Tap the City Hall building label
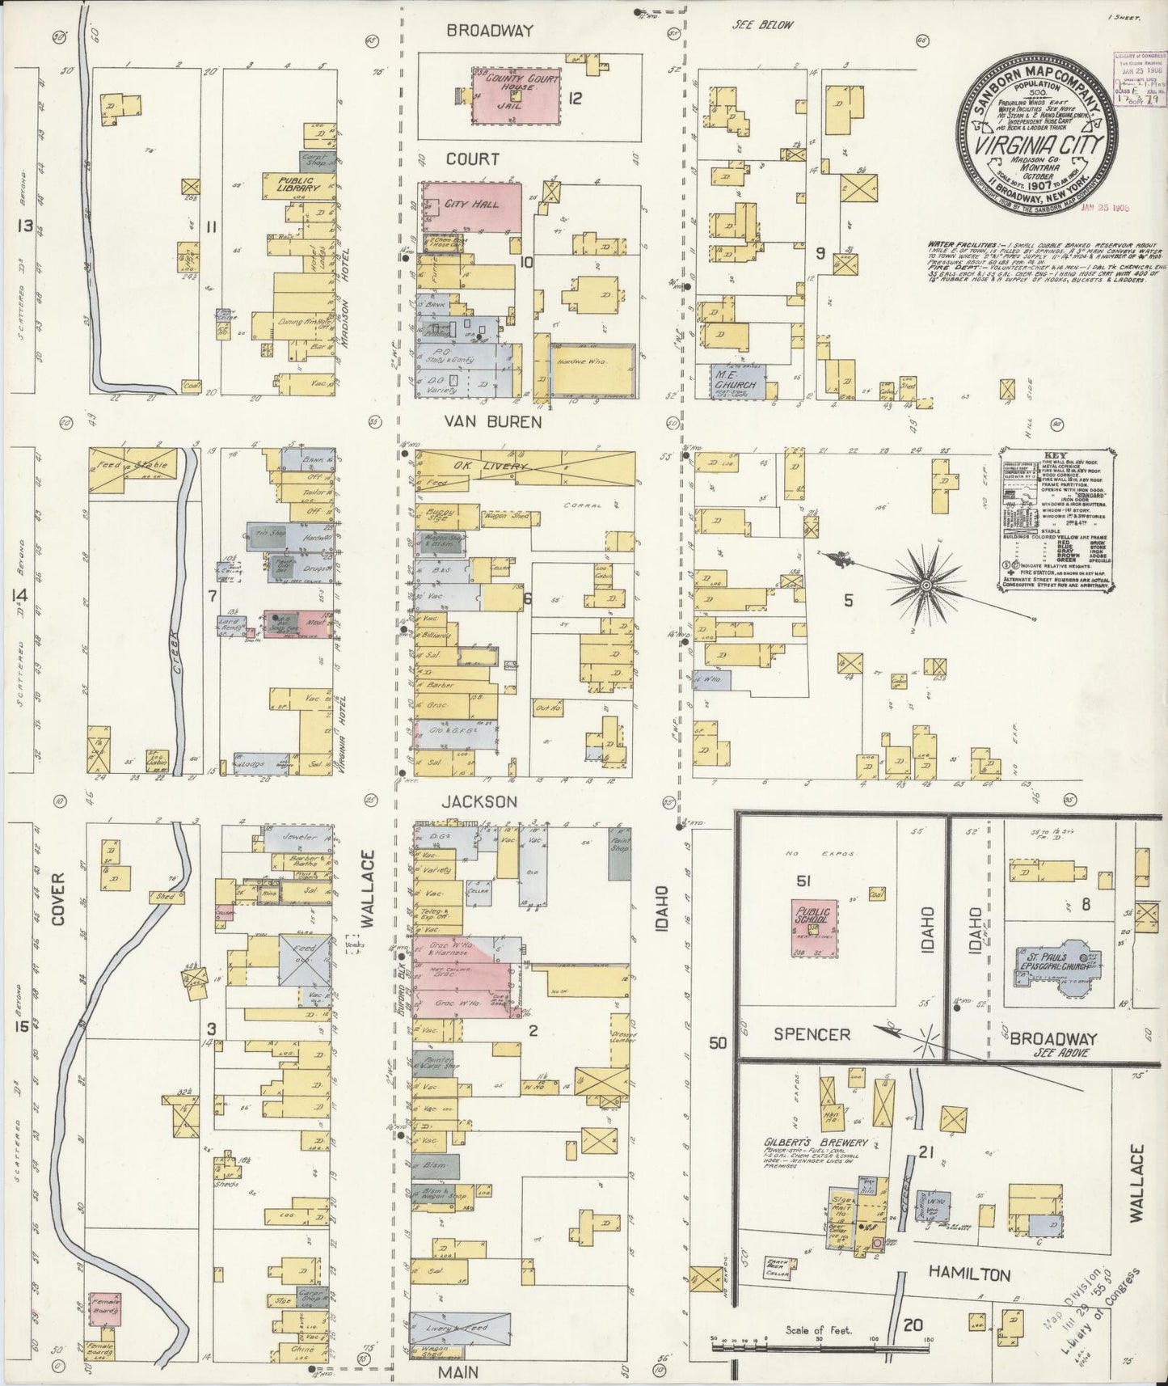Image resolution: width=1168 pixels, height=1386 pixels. point(471,204)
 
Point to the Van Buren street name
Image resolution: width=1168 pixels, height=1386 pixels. point(490,422)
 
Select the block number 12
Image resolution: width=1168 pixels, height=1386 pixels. point(575,99)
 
